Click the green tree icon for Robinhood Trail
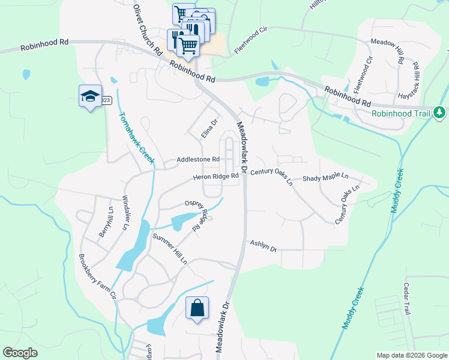click(439, 112)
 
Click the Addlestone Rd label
click(198, 160)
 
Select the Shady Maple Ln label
click(325, 178)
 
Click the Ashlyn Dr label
click(263, 245)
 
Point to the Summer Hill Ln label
click(170, 249)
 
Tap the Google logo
click(20, 353)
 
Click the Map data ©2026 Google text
click(411, 355)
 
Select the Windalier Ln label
click(126, 212)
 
